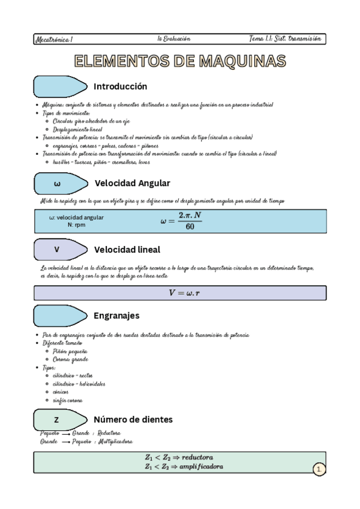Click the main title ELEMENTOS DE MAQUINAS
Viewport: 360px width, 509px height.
pos(180,61)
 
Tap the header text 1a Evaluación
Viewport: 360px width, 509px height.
pos(174,38)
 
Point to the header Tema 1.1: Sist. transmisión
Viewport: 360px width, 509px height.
pos(286,38)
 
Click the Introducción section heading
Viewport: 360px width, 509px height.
pos(121,86)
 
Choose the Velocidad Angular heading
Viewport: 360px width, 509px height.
pos(133,183)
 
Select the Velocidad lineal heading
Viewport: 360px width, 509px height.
pos(127,249)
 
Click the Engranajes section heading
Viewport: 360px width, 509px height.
pos(116,315)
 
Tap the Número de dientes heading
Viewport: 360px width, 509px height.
pos(133,419)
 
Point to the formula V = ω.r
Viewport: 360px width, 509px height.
pos(181,292)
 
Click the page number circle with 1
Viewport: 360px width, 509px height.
pos(319,469)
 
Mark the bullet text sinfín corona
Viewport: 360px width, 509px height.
pos(68,400)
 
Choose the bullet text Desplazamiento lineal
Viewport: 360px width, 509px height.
pos(77,129)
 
